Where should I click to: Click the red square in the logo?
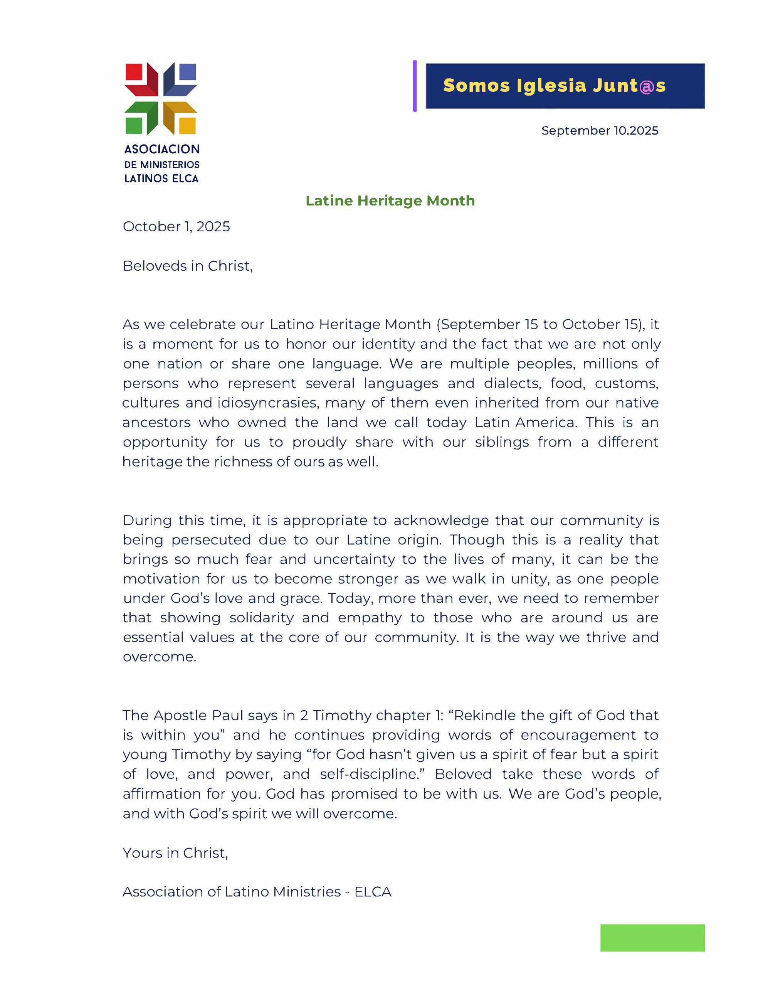[133, 72]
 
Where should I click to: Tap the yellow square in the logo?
[188, 126]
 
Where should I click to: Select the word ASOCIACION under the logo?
[162, 149]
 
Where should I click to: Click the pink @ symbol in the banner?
[647, 86]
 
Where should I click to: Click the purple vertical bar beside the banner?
[415, 86]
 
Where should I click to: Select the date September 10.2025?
[600, 131]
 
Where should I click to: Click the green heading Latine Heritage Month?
[390, 200]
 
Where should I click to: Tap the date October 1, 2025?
[176, 226]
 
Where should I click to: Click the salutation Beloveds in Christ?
[188, 266]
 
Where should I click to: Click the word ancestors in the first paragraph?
[156, 422]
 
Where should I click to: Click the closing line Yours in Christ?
[175, 853]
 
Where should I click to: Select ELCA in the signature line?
[373, 892]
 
